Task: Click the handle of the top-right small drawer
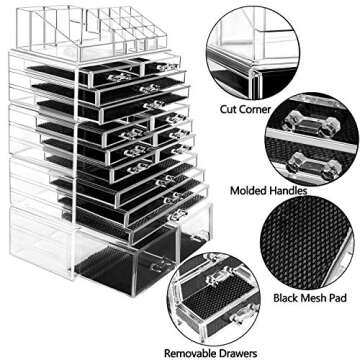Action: [x=162, y=68]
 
